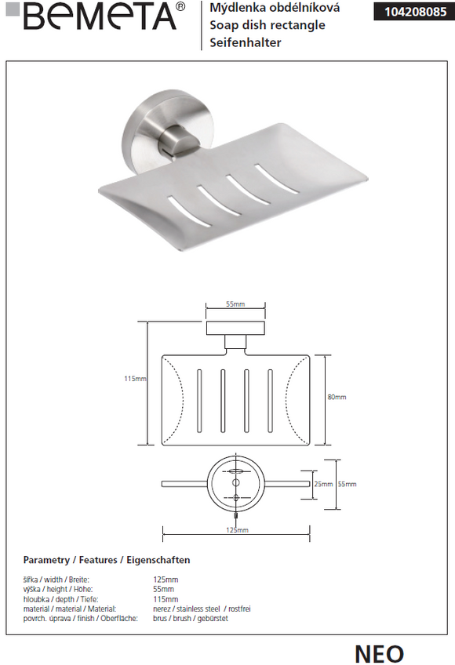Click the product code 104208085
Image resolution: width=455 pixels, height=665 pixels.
[x=412, y=12]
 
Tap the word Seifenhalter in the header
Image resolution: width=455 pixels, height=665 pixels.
[x=246, y=43]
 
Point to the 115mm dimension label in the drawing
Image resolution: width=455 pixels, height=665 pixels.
[x=135, y=379]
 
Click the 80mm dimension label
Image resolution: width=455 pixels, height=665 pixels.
[x=337, y=397]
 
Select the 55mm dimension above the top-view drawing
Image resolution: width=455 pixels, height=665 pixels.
[x=235, y=304]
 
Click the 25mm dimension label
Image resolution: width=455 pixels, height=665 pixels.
[x=323, y=484]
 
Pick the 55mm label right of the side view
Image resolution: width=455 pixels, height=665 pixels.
[x=347, y=484]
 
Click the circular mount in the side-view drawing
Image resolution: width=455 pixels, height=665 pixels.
[x=235, y=484]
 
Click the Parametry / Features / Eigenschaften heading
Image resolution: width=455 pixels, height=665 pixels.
[x=107, y=560]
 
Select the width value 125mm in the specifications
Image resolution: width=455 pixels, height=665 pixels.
[x=166, y=580]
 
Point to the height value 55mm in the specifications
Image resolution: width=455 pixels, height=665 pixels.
[x=164, y=589]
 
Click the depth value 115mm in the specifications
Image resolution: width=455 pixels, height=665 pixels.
[x=166, y=599]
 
